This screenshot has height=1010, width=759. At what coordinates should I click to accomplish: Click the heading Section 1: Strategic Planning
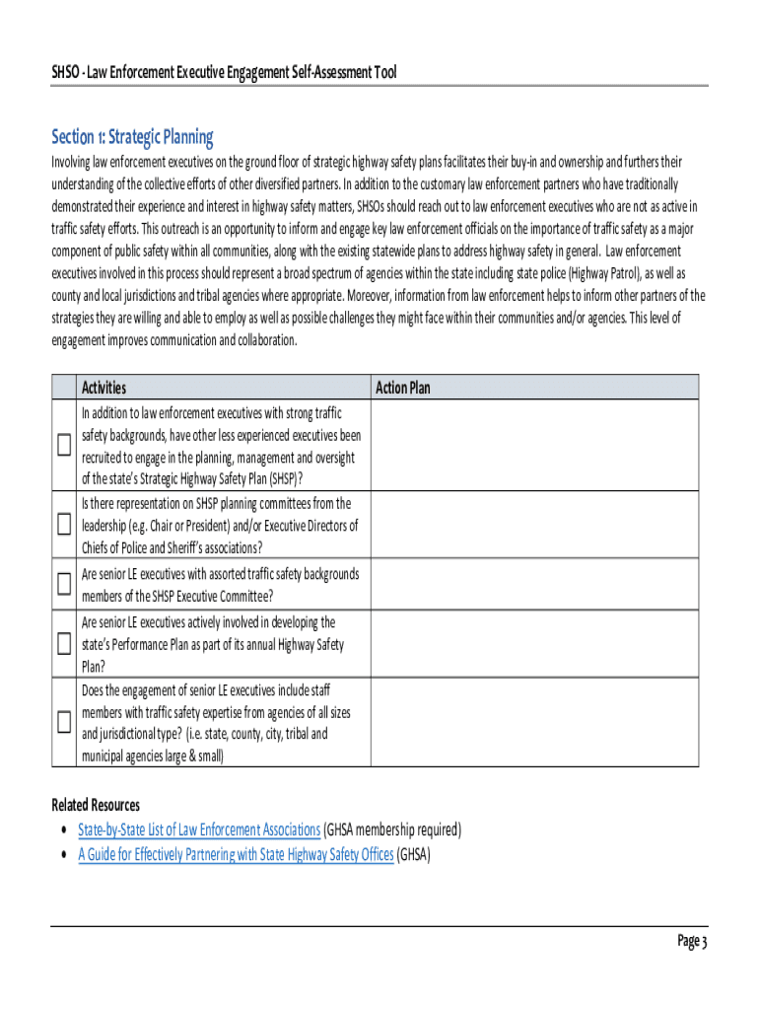click(132, 136)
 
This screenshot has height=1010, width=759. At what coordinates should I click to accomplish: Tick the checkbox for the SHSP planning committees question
click(64, 524)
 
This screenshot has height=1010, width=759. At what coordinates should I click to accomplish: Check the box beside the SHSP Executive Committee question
click(64, 584)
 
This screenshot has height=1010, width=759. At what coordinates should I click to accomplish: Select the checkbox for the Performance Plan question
click(64, 645)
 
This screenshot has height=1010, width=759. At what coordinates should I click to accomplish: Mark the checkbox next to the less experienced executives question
click(64, 446)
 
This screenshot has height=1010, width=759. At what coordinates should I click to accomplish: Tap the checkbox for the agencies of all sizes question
click(64, 722)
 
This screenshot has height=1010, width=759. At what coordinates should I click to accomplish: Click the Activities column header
click(103, 388)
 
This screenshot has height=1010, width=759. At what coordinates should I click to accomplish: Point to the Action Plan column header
click(403, 388)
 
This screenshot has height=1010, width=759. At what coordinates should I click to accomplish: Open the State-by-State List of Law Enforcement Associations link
click(199, 830)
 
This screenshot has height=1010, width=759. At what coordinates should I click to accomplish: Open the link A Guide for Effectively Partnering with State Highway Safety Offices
click(236, 854)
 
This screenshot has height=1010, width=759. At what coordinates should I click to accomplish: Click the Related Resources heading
click(96, 805)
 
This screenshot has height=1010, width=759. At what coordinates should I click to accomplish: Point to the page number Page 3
click(692, 941)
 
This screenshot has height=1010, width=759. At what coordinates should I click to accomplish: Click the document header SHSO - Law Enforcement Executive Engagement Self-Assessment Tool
click(224, 72)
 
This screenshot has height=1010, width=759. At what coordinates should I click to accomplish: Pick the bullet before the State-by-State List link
click(64, 830)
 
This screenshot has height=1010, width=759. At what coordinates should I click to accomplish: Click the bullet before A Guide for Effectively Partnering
click(64, 854)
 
